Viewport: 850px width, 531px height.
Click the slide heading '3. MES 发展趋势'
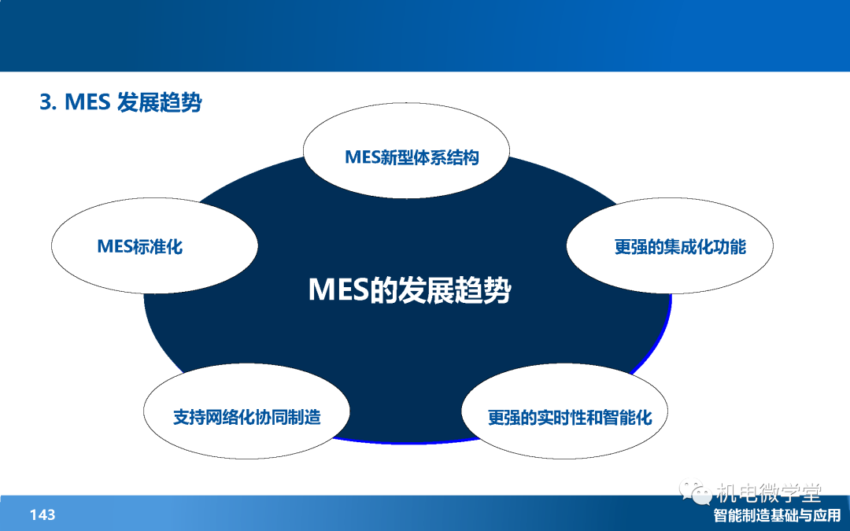point(120,101)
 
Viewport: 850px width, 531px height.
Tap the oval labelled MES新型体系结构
point(406,150)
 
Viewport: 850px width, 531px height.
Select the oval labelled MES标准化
point(154,245)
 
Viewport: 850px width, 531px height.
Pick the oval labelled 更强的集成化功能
point(670,245)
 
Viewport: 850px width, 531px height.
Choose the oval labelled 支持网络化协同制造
point(246,411)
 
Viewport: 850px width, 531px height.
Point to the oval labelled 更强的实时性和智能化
point(564,411)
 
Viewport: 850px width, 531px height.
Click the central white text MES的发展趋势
point(409,289)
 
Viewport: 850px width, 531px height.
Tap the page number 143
point(42,514)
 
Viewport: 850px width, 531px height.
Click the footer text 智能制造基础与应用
point(777,515)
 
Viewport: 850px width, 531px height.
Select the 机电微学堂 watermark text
point(769,492)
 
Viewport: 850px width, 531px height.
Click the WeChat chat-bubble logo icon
point(696,492)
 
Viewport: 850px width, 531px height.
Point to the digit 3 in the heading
point(46,102)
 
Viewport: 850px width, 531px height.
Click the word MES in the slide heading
point(87,102)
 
